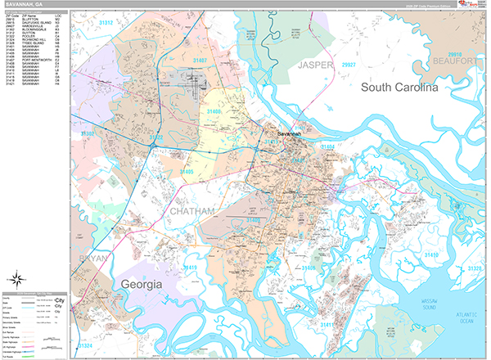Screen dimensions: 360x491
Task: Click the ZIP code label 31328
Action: pyautogui.click(x=473, y=268)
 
